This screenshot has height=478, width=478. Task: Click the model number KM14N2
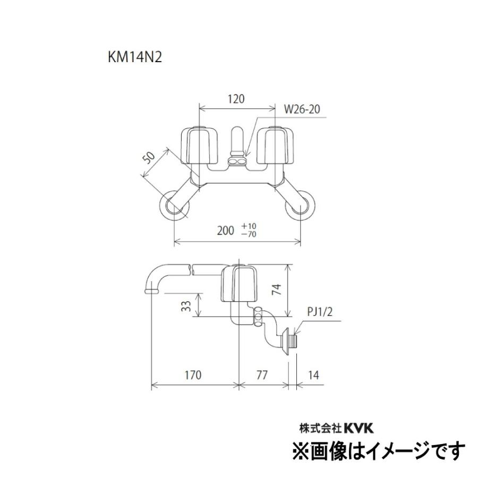(134, 57)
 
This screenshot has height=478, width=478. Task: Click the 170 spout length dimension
(193, 375)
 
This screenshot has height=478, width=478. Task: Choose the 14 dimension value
(314, 375)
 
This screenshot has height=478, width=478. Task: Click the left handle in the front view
(201, 144)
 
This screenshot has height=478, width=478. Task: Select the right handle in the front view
(275, 144)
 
